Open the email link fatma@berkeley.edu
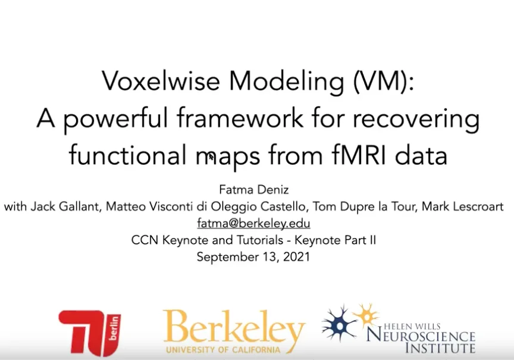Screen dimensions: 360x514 (253, 224)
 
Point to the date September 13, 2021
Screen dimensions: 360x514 (253, 257)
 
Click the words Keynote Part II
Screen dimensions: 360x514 (330, 240)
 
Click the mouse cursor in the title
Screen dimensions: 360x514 (211, 157)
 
